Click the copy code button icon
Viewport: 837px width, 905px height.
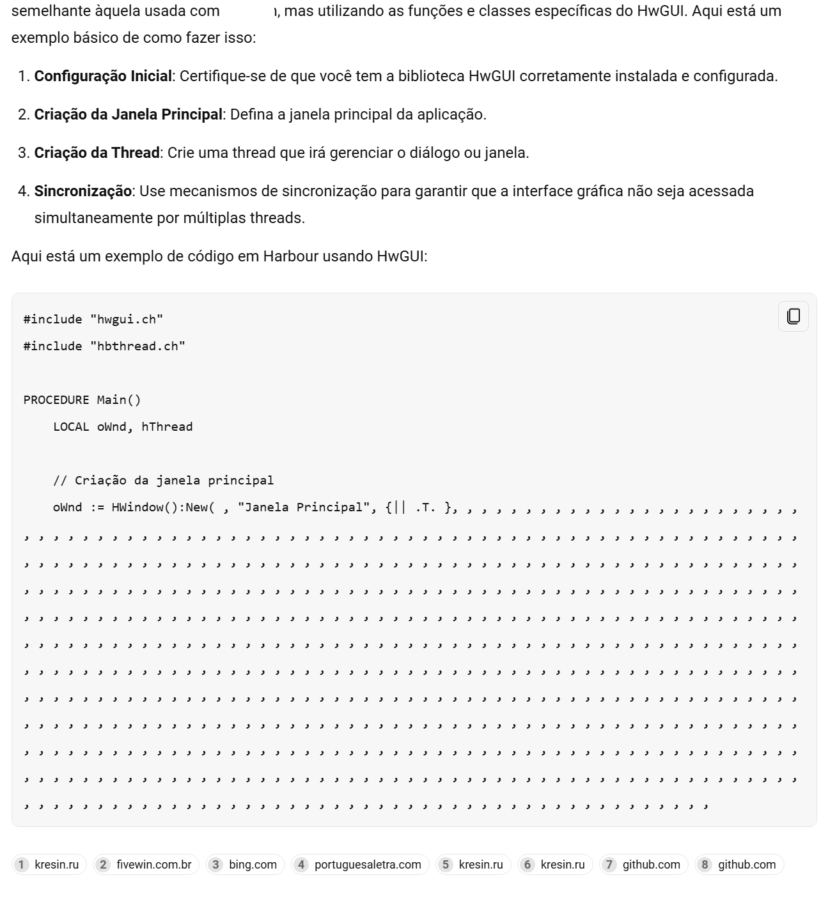click(793, 316)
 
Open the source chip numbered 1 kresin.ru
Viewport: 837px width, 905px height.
click(49, 865)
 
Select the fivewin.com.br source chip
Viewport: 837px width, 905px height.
click(146, 865)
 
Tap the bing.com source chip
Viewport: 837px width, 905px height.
click(245, 865)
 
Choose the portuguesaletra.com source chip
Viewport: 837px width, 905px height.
click(360, 865)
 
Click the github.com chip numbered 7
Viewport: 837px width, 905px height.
click(644, 865)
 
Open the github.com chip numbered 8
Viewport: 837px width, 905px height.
click(739, 865)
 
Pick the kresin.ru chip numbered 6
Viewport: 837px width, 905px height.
click(555, 865)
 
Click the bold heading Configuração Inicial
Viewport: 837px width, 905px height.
click(103, 76)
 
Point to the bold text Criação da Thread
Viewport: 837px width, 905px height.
click(97, 153)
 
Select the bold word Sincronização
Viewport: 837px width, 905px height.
click(82, 191)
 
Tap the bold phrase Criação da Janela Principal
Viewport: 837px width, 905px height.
click(128, 114)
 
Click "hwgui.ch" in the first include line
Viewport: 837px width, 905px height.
click(127, 320)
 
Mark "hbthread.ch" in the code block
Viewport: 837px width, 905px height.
click(137, 346)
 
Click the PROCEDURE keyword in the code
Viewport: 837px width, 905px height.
click(56, 400)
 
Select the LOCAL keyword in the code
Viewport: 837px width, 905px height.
click(71, 427)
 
